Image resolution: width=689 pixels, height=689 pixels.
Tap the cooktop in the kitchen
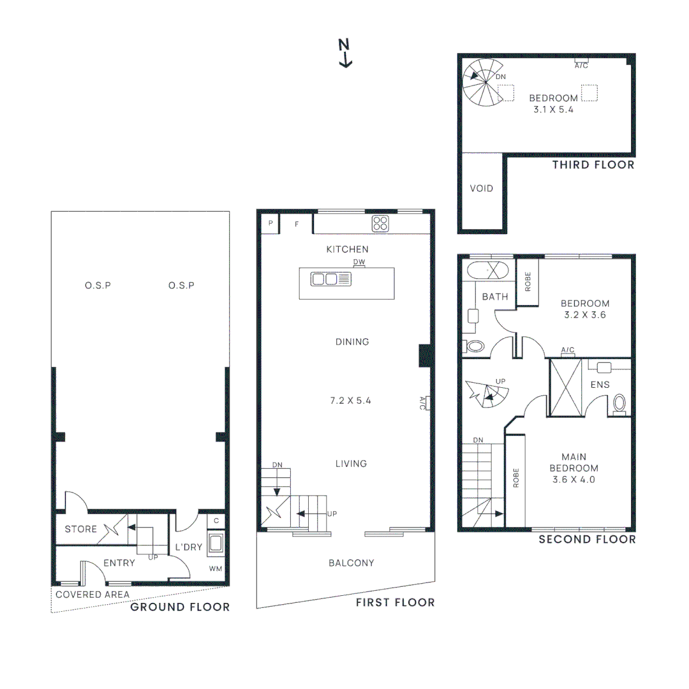(x=381, y=223)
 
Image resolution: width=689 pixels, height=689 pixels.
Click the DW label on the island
(x=359, y=262)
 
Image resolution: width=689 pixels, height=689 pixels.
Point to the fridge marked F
(x=297, y=224)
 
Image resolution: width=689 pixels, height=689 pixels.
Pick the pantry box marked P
(x=270, y=223)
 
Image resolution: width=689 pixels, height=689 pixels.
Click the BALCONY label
(x=351, y=563)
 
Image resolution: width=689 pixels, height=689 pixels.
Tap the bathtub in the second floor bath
(x=488, y=270)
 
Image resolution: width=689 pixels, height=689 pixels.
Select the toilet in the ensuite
(x=619, y=404)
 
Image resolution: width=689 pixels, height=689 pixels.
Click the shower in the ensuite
(x=566, y=388)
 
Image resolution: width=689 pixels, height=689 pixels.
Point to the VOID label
(x=481, y=189)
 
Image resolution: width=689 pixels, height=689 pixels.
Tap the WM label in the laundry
(x=216, y=568)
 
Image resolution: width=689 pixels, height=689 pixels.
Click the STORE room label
(x=81, y=529)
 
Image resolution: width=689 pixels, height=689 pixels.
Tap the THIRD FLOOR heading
(x=593, y=165)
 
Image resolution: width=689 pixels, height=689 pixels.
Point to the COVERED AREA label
(x=93, y=595)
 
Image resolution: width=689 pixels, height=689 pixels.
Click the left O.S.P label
(x=98, y=285)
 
